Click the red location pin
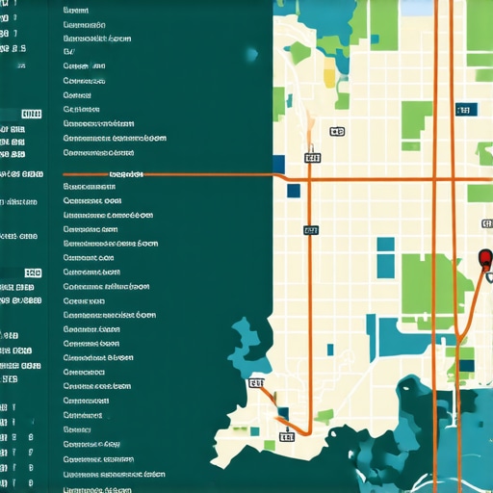(x=484, y=258)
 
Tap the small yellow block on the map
(x=330, y=77)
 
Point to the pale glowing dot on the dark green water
(x=252, y=55)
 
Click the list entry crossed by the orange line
(x=126, y=174)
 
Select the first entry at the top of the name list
(x=75, y=9)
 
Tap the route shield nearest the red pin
(x=485, y=224)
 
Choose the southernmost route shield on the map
(x=286, y=436)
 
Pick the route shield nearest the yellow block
(x=336, y=131)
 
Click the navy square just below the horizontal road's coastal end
(x=293, y=191)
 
